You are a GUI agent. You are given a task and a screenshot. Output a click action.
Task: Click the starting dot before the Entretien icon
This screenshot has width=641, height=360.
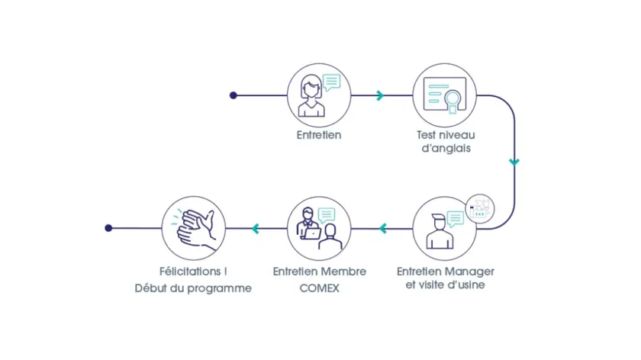click(x=234, y=95)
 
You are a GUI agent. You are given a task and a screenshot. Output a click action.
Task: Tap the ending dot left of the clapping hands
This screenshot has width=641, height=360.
click(x=108, y=228)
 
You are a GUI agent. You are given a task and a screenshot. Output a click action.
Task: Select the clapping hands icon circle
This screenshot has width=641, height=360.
click(x=195, y=228)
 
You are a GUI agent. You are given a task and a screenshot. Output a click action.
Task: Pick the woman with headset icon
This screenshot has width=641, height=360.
click(x=319, y=96)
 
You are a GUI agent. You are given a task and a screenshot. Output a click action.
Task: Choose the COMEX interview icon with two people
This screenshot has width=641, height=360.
click(x=319, y=228)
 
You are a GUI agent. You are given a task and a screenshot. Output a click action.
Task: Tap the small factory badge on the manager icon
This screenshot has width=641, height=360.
click(x=480, y=207)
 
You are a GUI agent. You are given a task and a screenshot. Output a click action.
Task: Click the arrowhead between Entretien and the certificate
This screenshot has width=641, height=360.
click(x=379, y=95)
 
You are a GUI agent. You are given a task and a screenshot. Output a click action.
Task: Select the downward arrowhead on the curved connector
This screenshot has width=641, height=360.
click(x=514, y=162)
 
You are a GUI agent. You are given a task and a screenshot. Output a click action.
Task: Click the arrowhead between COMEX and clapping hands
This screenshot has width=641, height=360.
click(x=256, y=228)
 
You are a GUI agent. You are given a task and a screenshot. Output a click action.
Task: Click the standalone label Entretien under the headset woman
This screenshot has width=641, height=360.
click(x=319, y=135)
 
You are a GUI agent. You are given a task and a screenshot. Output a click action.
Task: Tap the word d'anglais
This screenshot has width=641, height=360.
click(x=446, y=149)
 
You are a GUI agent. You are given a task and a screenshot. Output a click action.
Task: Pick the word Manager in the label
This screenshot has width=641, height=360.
click(x=469, y=272)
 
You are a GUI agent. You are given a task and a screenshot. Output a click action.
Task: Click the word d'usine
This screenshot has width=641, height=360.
click(x=467, y=286)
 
